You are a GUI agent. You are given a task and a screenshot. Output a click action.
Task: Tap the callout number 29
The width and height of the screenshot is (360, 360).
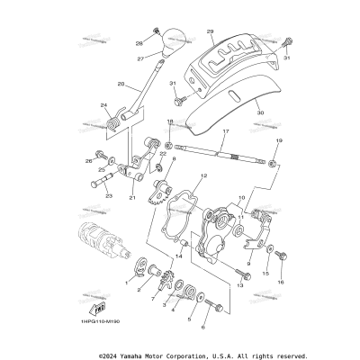tap(210, 31)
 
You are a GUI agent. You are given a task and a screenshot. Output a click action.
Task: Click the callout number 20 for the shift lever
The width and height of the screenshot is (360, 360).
tap(121, 85)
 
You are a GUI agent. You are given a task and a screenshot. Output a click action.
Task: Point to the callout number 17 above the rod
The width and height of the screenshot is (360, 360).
tap(226, 133)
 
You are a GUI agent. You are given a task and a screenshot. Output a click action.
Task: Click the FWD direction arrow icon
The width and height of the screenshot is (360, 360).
tap(90, 306)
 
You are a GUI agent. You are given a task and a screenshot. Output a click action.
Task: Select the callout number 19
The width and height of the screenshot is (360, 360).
tap(279, 141)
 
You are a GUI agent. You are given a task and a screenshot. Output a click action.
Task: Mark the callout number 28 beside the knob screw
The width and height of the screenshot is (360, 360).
tap(140, 42)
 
